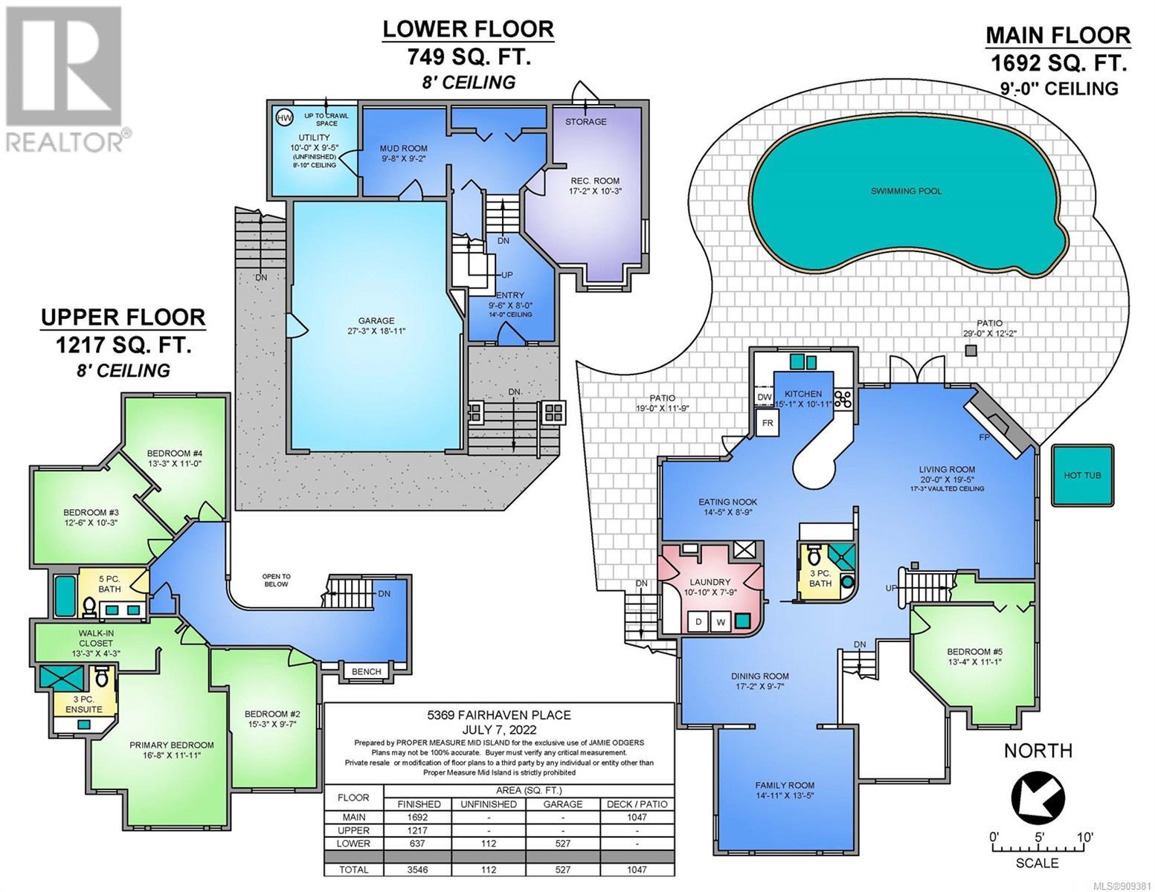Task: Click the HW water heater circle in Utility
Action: coord(285,118)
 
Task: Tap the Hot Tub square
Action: coord(1082,476)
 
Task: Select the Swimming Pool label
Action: coord(906,191)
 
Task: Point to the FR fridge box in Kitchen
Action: coord(768,424)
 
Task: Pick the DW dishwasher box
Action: coord(765,398)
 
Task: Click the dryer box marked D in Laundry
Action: coord(698,621)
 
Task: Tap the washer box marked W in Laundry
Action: coord(720,621)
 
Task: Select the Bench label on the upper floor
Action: coord(366,671)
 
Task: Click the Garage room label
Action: coord(376,321)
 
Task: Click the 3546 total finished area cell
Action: coord(417,870)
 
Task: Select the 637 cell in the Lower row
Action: coord(417,844)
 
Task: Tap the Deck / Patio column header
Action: coord(637,804)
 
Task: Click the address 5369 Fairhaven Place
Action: coord(499,715)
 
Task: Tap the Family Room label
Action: coord(785,785)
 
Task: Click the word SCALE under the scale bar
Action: coord(1037,878)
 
